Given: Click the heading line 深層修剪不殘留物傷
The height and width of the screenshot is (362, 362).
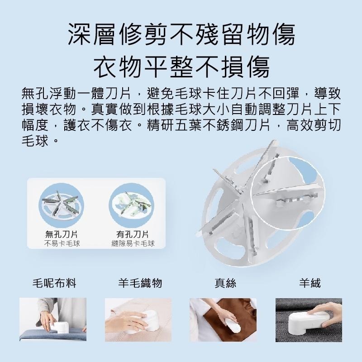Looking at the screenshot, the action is point(181,35).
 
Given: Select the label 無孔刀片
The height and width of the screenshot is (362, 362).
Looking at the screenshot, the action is point(62,234).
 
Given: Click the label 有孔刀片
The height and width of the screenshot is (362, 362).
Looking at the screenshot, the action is point(133,234).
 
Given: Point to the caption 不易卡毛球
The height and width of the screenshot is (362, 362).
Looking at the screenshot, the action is point(62,243).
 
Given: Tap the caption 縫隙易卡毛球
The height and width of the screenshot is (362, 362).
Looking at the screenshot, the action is point(133,243).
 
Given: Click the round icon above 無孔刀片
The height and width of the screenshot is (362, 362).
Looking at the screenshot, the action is point(62,205).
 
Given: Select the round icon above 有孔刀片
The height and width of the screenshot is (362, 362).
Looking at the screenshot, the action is point(132,205).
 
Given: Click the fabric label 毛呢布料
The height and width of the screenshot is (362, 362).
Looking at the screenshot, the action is point(54,283).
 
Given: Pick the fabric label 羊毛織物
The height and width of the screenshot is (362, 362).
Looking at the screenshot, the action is point(140,283).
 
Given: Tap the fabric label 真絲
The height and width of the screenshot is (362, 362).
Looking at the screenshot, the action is point(225,283).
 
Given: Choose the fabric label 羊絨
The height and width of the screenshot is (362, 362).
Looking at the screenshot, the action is point(310,283).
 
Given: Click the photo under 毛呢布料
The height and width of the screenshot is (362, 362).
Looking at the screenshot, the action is point(53,319).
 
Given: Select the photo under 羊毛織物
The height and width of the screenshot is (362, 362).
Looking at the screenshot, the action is point(138,320).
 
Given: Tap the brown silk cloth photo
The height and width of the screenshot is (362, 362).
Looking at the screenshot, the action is point(223,320).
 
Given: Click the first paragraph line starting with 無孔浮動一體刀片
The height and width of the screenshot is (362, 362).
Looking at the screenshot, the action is point(181,93).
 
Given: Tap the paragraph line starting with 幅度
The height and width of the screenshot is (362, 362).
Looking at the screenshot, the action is point(181,125).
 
